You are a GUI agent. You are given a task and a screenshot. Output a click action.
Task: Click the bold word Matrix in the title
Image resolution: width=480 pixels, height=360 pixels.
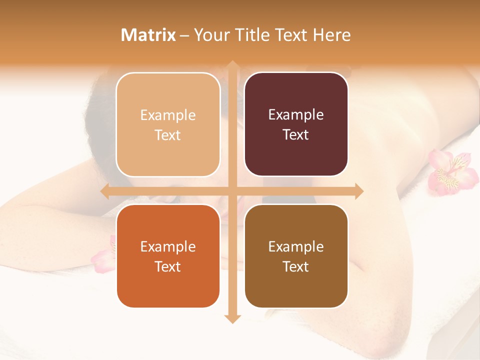tap(148, 35)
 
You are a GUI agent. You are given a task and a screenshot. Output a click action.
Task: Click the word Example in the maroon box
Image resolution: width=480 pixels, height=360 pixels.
tap(296, 115)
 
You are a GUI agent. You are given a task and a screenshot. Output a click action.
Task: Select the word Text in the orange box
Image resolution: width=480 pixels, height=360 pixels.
tap(168, 266)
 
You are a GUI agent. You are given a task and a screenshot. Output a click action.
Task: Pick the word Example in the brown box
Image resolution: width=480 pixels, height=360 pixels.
tap(296, 246)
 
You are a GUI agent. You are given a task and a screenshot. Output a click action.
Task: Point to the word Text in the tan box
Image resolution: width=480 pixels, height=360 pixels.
tap(168, 135)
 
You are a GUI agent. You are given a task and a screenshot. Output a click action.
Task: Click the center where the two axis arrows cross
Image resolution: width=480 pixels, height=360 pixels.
tap(232, 191)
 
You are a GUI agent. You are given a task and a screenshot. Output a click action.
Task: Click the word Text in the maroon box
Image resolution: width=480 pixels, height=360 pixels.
tap(296, 135)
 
